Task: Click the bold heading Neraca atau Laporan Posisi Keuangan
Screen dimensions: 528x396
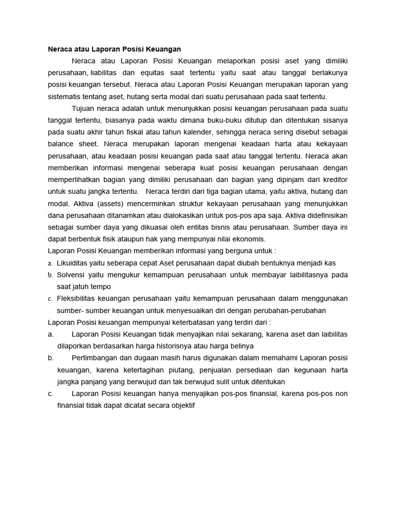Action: [114, 49]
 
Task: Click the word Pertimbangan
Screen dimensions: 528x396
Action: [96, 358]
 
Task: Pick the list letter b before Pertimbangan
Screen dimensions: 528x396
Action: [50, 358]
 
